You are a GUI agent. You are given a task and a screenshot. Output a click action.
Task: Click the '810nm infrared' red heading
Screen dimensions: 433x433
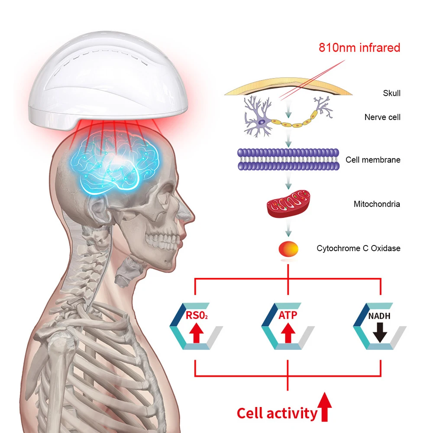tap(359, 48)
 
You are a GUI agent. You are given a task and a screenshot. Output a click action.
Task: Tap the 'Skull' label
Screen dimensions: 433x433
tap(391, 93)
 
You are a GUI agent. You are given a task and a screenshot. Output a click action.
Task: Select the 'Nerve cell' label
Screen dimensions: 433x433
tap(382, 117)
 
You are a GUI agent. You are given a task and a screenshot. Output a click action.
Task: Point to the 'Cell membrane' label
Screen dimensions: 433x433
tap(373, 160)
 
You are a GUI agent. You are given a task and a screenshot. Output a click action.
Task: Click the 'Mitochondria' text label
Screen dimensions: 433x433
tap(377, 204)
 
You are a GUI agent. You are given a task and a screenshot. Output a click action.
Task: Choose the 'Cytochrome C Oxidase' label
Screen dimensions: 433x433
tap(359, 248)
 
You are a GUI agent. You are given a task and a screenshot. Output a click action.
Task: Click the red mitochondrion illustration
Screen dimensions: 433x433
tap(288, 204)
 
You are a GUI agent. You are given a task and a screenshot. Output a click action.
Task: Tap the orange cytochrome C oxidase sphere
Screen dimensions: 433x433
tap(288, 249)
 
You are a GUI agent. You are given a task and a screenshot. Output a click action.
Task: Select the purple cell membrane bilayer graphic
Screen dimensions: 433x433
tap(288, 159)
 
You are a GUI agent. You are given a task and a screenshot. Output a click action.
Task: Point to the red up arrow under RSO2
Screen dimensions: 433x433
tap(196, 333)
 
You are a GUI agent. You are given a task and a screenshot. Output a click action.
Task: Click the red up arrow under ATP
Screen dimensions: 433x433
tap(288, 333)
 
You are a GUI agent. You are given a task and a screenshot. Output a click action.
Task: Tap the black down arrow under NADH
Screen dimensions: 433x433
tap(380, 333)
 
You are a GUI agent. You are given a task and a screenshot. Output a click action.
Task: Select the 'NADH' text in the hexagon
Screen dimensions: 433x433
tap(379, 316)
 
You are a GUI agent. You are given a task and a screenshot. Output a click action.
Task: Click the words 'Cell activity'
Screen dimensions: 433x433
tap(277, 414)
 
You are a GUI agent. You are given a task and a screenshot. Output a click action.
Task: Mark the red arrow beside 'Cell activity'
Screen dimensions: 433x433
tap(324, 407)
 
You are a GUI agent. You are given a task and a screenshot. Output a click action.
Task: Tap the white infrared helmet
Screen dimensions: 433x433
tap(108, 81)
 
